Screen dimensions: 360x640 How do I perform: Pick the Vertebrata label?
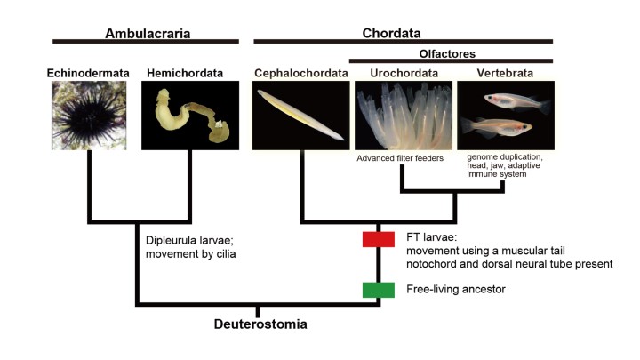[x=505, y=72]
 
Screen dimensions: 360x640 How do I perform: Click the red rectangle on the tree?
[x=378, y=239]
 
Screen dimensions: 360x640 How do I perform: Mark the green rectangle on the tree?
[x=378, y=289]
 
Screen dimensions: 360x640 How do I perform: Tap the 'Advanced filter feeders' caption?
[x=401, y=158]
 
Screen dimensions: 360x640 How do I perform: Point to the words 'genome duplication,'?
[x=504, y=157]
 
